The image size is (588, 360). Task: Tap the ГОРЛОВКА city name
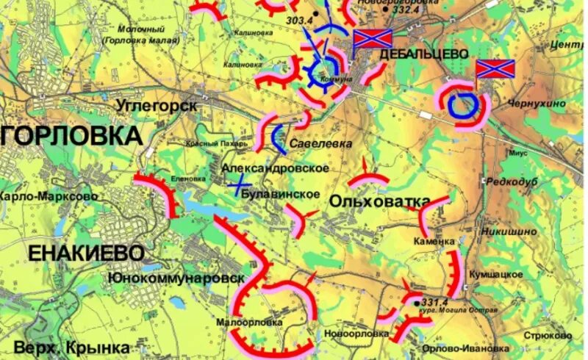[x=72, y=136]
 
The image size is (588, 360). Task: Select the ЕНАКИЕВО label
[x=86, y=253]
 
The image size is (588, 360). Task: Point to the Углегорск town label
[x=156, y=106]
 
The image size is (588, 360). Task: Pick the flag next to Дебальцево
[x=373, y=40]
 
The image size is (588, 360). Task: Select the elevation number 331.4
[x=435, y=302]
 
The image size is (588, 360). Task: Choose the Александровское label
[x=275, y=168]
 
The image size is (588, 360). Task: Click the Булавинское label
[x=283, y=194]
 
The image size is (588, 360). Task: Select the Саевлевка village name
[x=316, y=143]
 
